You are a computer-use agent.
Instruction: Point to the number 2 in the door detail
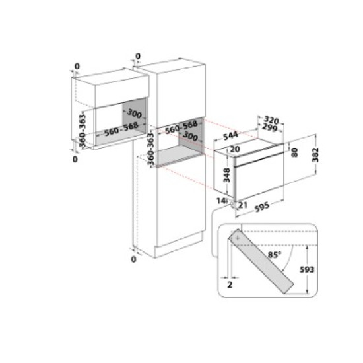point(230,286)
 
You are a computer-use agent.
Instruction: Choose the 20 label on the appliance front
point(234,149)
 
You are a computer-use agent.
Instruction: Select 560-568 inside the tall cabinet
point(181,125)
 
